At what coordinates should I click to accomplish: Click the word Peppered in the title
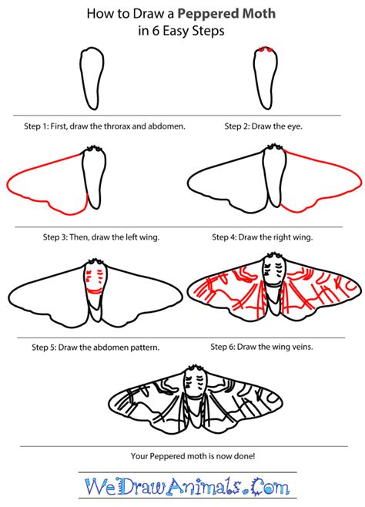coord(208,15)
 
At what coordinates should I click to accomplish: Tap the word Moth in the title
coord(259,14)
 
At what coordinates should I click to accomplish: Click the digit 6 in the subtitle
coord(156,31)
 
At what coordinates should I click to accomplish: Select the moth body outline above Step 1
coord(92,79)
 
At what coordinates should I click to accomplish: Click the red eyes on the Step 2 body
coord(266,49)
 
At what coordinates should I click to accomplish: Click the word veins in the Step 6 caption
coord(303,347)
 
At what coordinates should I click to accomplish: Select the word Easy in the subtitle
coord(176,32)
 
